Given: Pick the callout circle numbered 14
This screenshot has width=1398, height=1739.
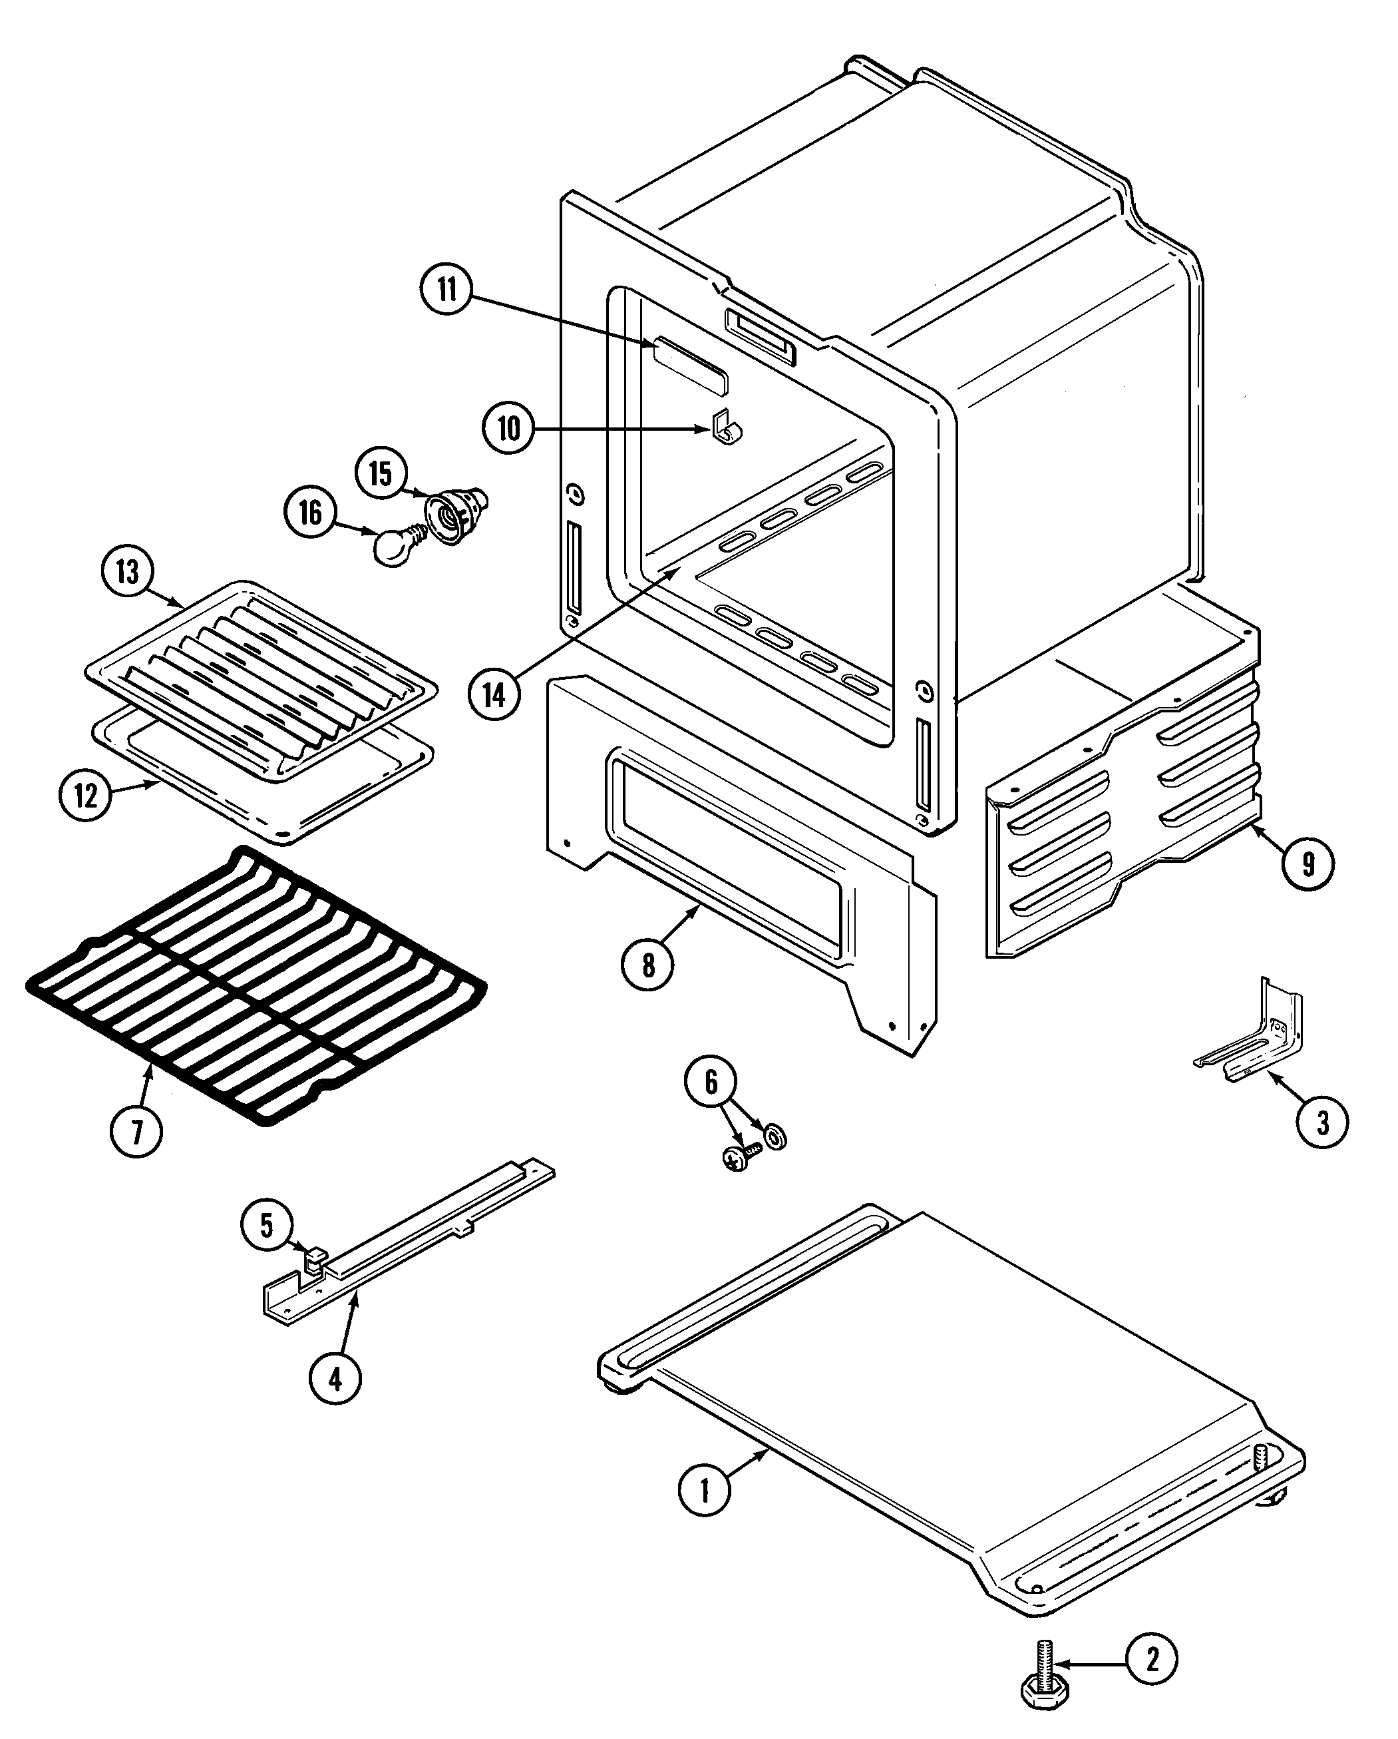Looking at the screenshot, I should click(x=494, y=694).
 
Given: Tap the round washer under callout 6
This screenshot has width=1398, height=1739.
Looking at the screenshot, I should click(x=777, y=1138).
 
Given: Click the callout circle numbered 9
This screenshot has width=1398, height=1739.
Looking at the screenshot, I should click(x=1308, y=864).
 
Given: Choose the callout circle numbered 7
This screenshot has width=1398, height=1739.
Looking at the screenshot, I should click(x=136, y=1132).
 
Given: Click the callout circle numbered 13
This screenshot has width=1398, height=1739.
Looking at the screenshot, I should click(x=127, y=572).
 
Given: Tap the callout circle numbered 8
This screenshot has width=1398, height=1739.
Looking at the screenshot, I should click(x=648, y=965).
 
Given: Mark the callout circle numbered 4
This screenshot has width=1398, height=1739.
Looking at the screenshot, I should click(x=335, y=1378).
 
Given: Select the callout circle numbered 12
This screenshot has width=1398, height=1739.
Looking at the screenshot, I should click(x=85, y=796).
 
